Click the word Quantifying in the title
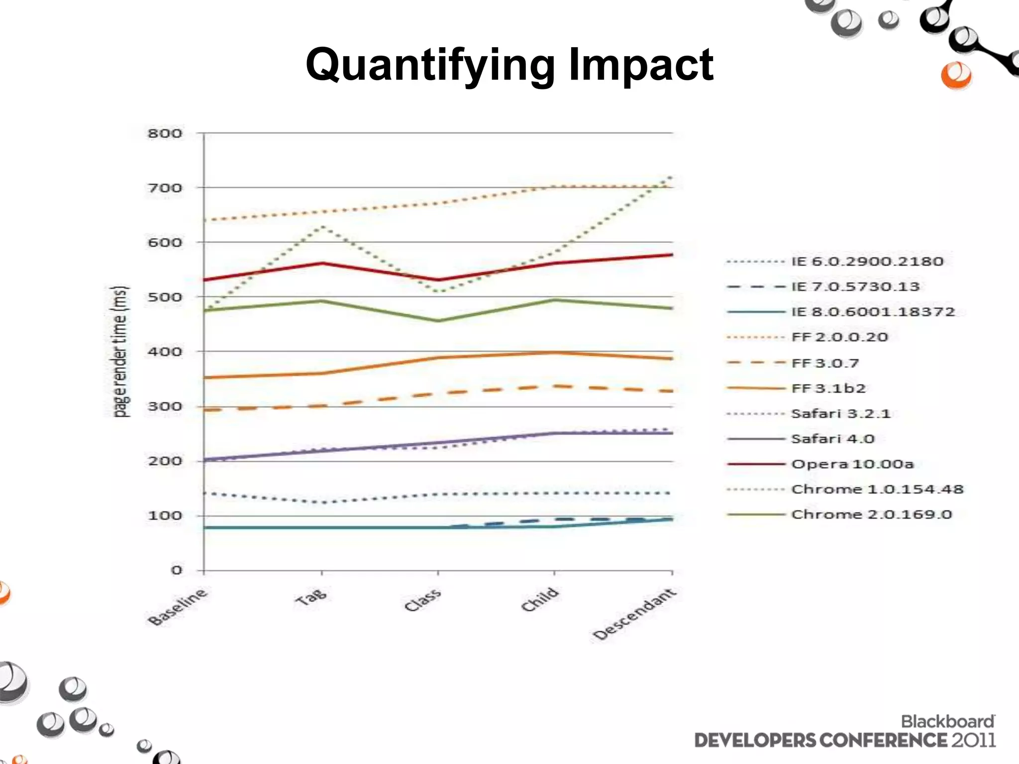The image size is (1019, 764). pos(430,66)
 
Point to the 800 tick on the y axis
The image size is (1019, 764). pos(165,133)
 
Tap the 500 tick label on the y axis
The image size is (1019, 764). pos(165,297)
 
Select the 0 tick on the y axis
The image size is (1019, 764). pos(177,570)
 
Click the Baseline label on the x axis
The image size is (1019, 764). pos(177,607)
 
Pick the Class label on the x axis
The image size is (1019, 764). pos(422,600)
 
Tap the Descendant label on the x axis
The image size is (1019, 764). pos(634,615)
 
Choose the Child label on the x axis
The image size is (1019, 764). pos(540,599)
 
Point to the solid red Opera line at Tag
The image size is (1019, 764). pos(322,263)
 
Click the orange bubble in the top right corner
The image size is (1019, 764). pos(956,76)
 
